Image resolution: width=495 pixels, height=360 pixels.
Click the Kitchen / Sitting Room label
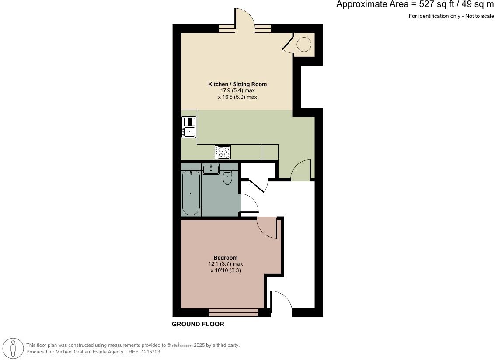click(x=237, y=84)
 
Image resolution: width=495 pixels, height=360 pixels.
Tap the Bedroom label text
click(x=225, y=258)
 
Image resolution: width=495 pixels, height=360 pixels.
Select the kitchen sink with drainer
click(x=189, y=127)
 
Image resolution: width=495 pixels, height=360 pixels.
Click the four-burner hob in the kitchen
click(x=223, y=152)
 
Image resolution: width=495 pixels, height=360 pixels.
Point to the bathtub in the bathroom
click(x=191, y=193)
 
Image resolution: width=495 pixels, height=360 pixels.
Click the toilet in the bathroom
click(x=227, y=178)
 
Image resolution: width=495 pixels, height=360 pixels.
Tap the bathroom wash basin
click(x=211, y=169)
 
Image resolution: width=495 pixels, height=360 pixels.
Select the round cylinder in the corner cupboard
click(x=304, y=45)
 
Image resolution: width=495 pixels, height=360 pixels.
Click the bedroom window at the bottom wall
click(x=234, y=312)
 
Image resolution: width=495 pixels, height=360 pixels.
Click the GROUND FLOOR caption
click(x=198, y=324)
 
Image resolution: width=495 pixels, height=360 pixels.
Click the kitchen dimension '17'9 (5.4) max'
click(x=237, y=90)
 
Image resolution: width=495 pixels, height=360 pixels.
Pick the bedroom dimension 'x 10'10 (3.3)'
click(x=225, y=270)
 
